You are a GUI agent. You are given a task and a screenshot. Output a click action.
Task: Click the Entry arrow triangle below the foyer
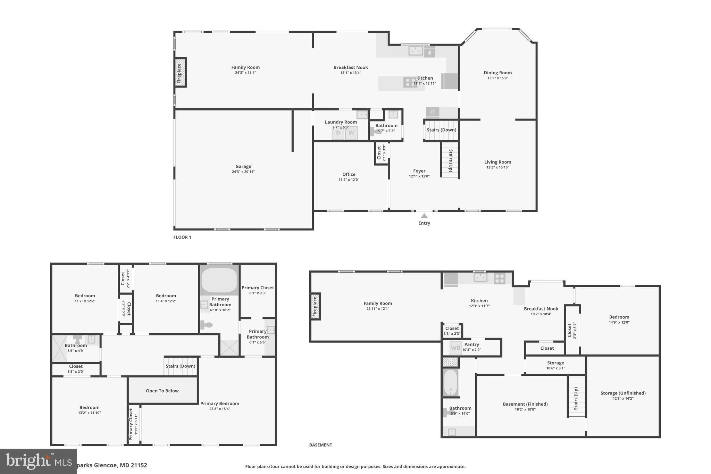[424, 216]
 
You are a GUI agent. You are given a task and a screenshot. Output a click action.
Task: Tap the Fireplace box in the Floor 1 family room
[180, 73]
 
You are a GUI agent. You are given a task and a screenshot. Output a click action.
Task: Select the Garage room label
[243, 167]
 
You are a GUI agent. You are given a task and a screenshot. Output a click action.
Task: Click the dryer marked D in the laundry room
[338, 133]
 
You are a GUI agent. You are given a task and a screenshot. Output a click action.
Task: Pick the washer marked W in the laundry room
[351, 133]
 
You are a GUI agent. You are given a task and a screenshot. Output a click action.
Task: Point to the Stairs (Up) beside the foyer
[450, 160]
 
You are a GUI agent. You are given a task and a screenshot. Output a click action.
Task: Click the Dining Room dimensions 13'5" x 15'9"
[497, 78]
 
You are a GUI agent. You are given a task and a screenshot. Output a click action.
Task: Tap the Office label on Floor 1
[349, 174]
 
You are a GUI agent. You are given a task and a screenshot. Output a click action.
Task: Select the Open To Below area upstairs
[162, 391]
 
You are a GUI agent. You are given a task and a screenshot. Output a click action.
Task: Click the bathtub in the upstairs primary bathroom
[219, 280]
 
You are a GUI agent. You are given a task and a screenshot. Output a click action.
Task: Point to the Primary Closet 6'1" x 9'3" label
[258, 290]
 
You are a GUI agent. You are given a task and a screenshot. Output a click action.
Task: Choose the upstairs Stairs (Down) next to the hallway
[181, 367]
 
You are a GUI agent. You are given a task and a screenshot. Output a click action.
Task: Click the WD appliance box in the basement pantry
[455, 348]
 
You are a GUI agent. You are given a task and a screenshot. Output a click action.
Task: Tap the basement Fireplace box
[315, 306]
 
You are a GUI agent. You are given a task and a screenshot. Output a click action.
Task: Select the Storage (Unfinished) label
[623, 393]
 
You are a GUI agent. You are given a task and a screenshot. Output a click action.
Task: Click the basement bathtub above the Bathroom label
[450, 382]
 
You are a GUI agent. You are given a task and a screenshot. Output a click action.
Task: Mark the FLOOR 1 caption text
[182, 237]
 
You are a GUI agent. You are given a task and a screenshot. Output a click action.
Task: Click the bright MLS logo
[38, 461]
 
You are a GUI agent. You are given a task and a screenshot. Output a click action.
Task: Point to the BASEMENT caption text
[320, 445]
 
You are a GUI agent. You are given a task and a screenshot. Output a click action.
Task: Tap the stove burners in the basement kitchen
[500, 278]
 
